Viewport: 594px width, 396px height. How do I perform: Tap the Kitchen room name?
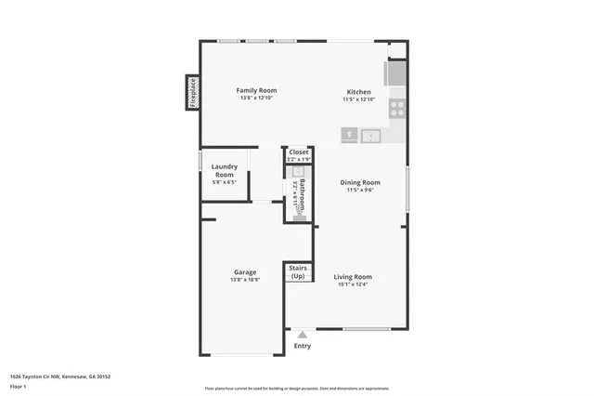click(x=359, y=92)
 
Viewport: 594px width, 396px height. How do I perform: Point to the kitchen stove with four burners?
click(x=396, y=106)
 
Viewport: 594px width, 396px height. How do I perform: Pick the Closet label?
click(x=299, y=152)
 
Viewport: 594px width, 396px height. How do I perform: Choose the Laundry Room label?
click(x=225, y=171)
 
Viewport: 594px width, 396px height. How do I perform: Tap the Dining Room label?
click(x=359, y=182)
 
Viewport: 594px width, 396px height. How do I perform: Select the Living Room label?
click(x=353, y=276)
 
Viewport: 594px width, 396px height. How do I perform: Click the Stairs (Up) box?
click(x=298, y=272)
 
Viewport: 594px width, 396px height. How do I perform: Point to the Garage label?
click(x=245, y=272)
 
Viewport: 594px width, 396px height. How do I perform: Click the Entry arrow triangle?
click(x=302, y=335)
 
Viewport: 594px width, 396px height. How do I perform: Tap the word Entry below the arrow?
click(x=303, y=347)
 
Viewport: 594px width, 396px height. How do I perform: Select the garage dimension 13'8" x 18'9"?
click(x=245, y=280)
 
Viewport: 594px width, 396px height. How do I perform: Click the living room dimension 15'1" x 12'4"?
click(x=353, y=284)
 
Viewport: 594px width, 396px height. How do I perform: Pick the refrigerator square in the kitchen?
click(x=395, y=73)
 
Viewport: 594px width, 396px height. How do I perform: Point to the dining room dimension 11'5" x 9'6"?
click(x=359, y=191)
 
